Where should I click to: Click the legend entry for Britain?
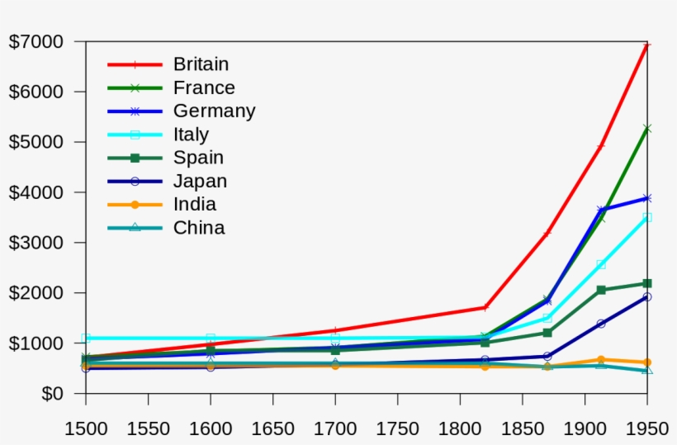(201, 64)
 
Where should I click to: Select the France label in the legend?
(204, 88)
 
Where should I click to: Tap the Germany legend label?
(214, 111)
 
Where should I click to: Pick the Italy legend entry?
(191, 135)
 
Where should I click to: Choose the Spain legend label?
(198, 158)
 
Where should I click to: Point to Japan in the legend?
(200, 181)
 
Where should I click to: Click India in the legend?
(195, 204)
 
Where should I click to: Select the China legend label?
(199, 228)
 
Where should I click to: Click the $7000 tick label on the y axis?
(36, 41)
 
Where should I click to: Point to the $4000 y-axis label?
(36, 192)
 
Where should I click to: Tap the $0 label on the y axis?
(52, 394)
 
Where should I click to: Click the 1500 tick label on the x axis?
(86, 428)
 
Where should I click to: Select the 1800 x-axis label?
(460, 428)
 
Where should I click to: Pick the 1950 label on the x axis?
(646, 428)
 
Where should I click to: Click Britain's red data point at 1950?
(647, 45)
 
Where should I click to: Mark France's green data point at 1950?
(647, 129)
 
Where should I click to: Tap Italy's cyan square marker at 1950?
(647, 217)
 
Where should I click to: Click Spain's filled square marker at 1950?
(647, 283)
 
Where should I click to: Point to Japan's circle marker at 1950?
(647, 297)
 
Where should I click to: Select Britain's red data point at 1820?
(485, 307)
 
